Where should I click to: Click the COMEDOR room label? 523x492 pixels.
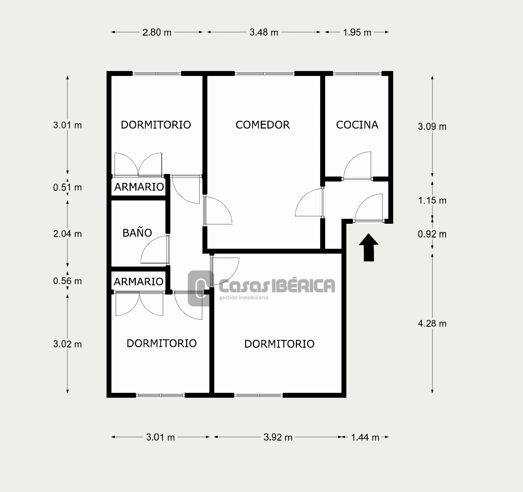click(262, 125)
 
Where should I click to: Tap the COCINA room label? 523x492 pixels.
click(357, 125)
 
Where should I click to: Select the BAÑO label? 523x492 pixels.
click(137, 232)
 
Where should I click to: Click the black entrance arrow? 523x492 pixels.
click(369, 247)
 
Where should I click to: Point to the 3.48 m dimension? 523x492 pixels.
click(264, 32)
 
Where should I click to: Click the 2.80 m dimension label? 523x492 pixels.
click(157, 32)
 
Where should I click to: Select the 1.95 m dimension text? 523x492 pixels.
click(357, 32)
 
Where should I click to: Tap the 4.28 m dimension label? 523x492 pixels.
click(432, 324)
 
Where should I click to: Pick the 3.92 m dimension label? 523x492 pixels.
click(278, 437)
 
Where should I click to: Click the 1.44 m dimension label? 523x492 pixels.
click(365, 437)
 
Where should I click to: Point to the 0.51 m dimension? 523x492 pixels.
click(67, 187)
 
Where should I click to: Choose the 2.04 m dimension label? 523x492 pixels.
click(67, 234)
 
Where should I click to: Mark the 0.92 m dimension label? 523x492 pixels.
click(432, 234)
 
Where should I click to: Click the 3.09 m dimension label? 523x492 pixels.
click(432, 127)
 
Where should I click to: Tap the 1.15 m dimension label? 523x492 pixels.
click(432, 200)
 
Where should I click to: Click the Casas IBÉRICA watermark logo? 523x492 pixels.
click(261, 288)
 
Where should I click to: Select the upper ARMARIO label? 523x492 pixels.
click(139, 187)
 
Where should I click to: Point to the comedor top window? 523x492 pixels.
click(264, 74)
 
